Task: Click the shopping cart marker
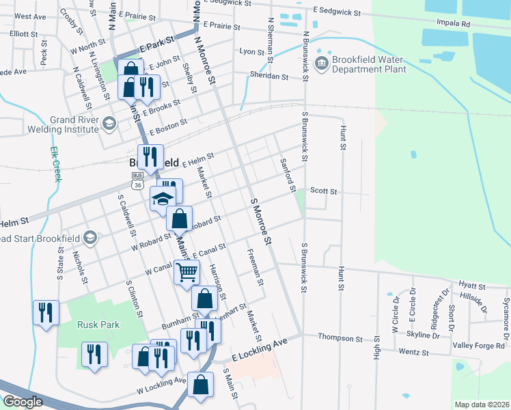coord(187,272)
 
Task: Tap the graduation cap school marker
coord(163,200)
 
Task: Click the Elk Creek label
coord(55,165)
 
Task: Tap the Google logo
coord(23,402)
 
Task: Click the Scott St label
coord(324,191)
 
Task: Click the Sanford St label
coord(287,174)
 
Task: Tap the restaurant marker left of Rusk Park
coord(46,313)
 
